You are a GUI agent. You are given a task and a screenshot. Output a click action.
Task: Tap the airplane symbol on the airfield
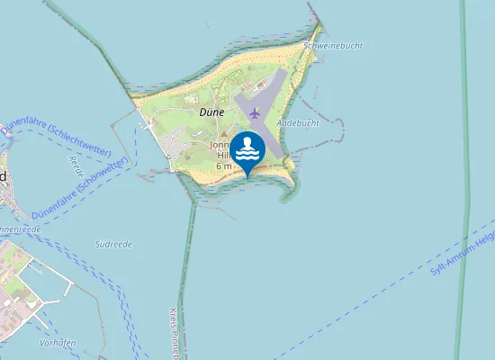(x=256, y=112)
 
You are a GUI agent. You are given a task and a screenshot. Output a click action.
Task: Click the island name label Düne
(x=211, y=112)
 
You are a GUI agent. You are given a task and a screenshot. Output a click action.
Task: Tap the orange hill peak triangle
(x=224, y=134)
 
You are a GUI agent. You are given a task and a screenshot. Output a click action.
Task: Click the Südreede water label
(x=113, y=244)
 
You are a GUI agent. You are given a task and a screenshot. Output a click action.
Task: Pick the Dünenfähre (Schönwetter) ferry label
(x=76, y=188)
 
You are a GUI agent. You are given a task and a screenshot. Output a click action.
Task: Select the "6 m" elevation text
(x=224, y=166)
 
